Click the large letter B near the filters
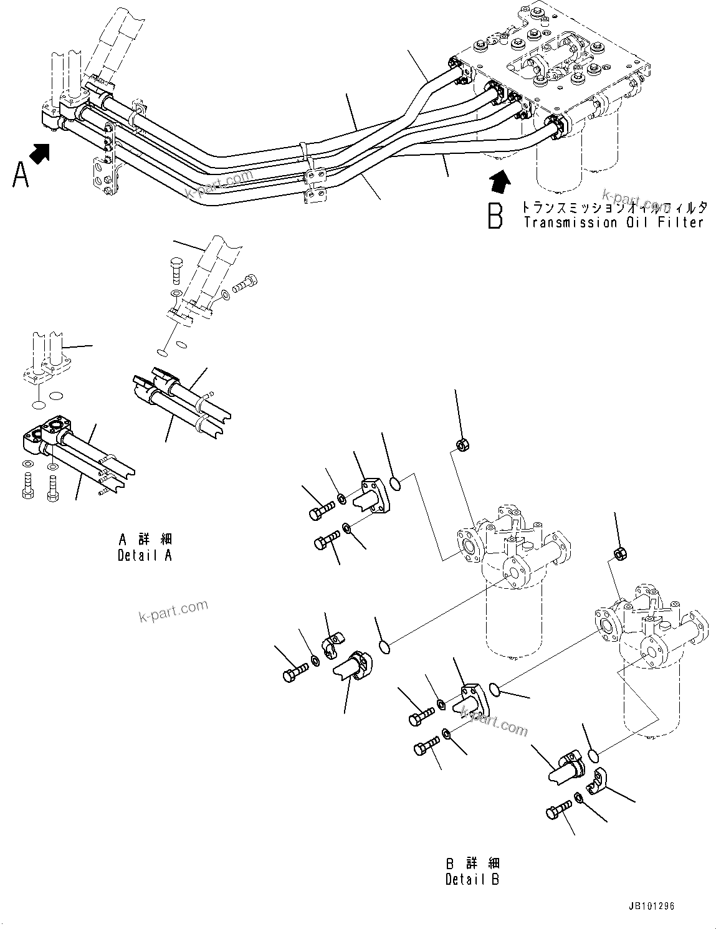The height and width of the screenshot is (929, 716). click(495, 215)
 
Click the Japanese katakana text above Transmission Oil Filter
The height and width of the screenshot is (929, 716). click(614, 207)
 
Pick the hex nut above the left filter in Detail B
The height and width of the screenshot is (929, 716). click(463, 444)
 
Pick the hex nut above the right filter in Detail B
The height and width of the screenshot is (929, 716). click(620, 552)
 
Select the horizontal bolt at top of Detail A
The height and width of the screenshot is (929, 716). click(244, 284)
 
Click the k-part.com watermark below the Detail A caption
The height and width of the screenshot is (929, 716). click(173, 611)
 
